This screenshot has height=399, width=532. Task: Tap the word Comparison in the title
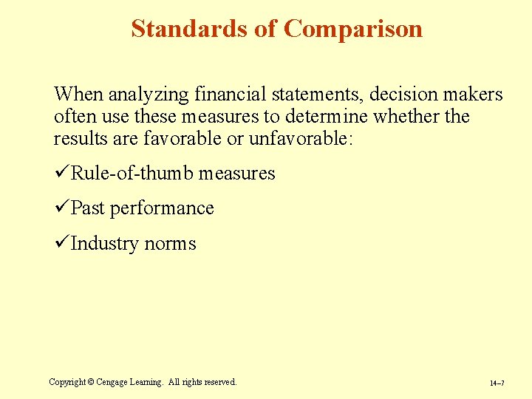(x=353, y=29)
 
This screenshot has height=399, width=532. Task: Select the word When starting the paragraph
(x=79, y=95)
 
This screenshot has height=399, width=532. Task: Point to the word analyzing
(x=144, y=95)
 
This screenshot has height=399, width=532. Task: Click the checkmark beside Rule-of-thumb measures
(x=61, y=174)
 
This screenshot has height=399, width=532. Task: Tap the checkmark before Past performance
(x=61, y=208)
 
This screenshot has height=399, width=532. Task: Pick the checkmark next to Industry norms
(x=61, y=243)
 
